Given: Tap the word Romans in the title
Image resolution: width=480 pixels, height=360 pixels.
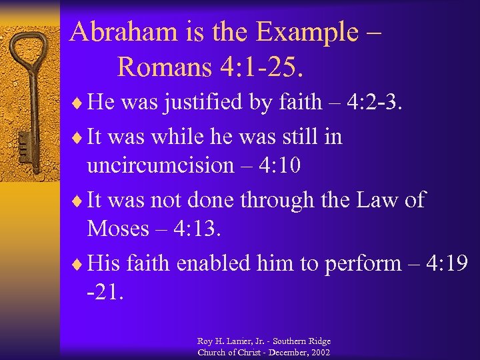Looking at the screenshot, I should click(x=163, y=65).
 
